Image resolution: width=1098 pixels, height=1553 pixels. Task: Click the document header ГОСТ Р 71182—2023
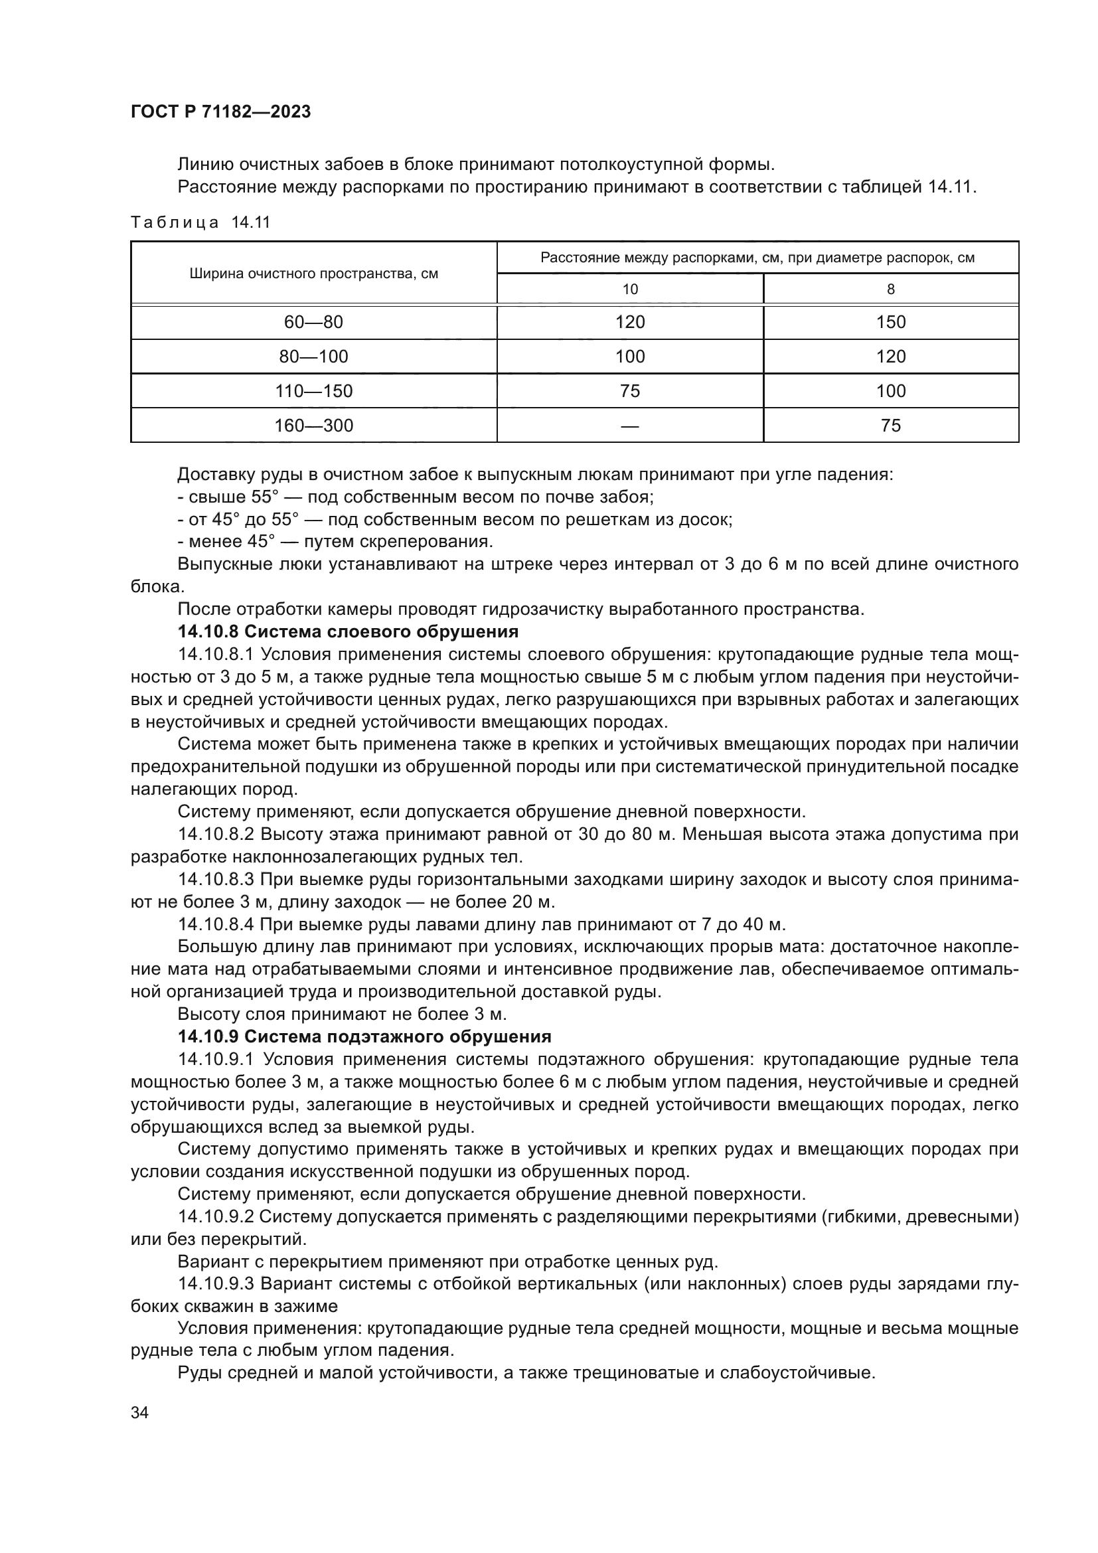[x=220, y=112]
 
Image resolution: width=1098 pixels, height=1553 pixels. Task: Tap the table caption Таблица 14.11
[x=200, y=222]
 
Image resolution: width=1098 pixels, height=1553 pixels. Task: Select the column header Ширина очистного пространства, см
[x=314, y=274]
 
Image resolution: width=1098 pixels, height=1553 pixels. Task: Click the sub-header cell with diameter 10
[x=629, y=289]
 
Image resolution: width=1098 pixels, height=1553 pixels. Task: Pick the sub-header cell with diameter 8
[x=890, y=289]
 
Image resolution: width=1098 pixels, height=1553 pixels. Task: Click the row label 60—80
[x=314, y=322]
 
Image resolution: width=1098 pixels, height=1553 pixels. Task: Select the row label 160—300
[x=314, y=426]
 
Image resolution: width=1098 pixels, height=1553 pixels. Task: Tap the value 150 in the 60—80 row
[x=890, y=322]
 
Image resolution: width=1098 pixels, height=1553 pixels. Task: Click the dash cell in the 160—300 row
[x=629, y=426]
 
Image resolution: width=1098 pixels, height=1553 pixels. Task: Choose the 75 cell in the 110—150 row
[x=629, y=391]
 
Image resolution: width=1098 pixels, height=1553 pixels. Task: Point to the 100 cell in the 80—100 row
[x=629, y=357]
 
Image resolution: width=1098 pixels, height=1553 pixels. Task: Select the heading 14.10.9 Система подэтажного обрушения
[x=364, y=1036]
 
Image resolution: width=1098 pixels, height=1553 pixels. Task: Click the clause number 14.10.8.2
[x=216, y=834]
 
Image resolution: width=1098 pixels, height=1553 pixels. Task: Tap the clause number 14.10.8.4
[x=216, y=924]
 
